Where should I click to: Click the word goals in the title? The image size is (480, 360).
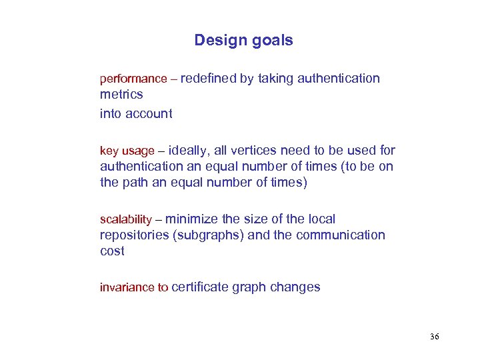[272, 41]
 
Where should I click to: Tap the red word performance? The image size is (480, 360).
[133, 79]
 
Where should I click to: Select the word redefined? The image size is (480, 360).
[208, 79]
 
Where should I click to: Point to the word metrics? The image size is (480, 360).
[121, 95]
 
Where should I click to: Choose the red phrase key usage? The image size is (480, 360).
[127, 151]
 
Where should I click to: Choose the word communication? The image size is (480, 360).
[341, 235]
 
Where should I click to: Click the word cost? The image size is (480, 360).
[112, 251]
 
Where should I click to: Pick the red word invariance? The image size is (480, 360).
[127, 288]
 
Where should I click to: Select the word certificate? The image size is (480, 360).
[200, 287]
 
